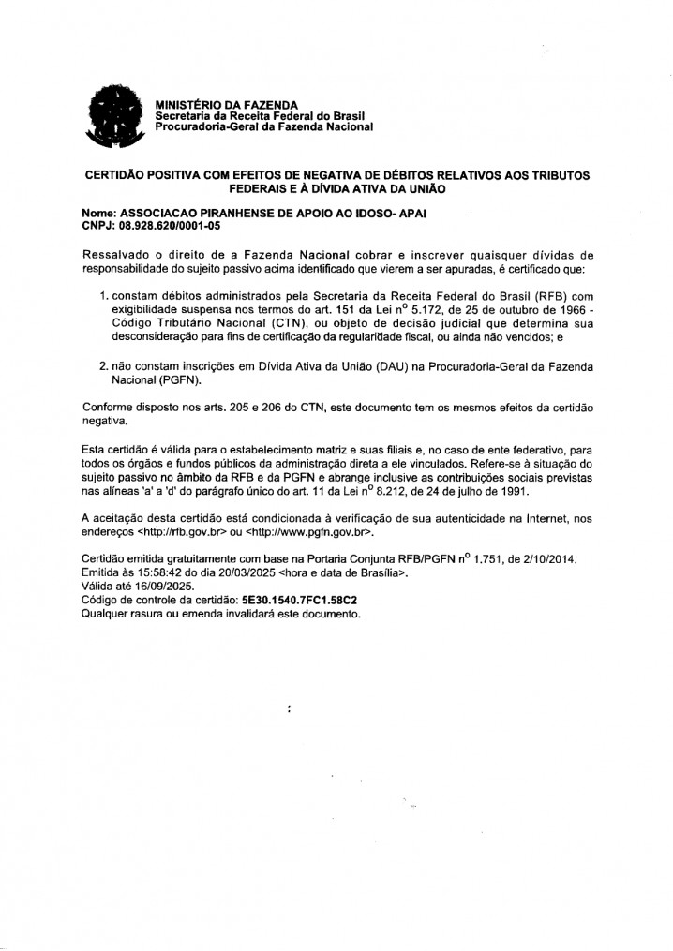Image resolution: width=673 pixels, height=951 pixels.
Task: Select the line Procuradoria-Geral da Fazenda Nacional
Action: coord(263,126)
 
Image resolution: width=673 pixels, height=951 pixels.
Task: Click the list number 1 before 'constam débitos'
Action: coord(104,296)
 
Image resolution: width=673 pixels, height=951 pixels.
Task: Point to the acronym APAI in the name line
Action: coord(411,214)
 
